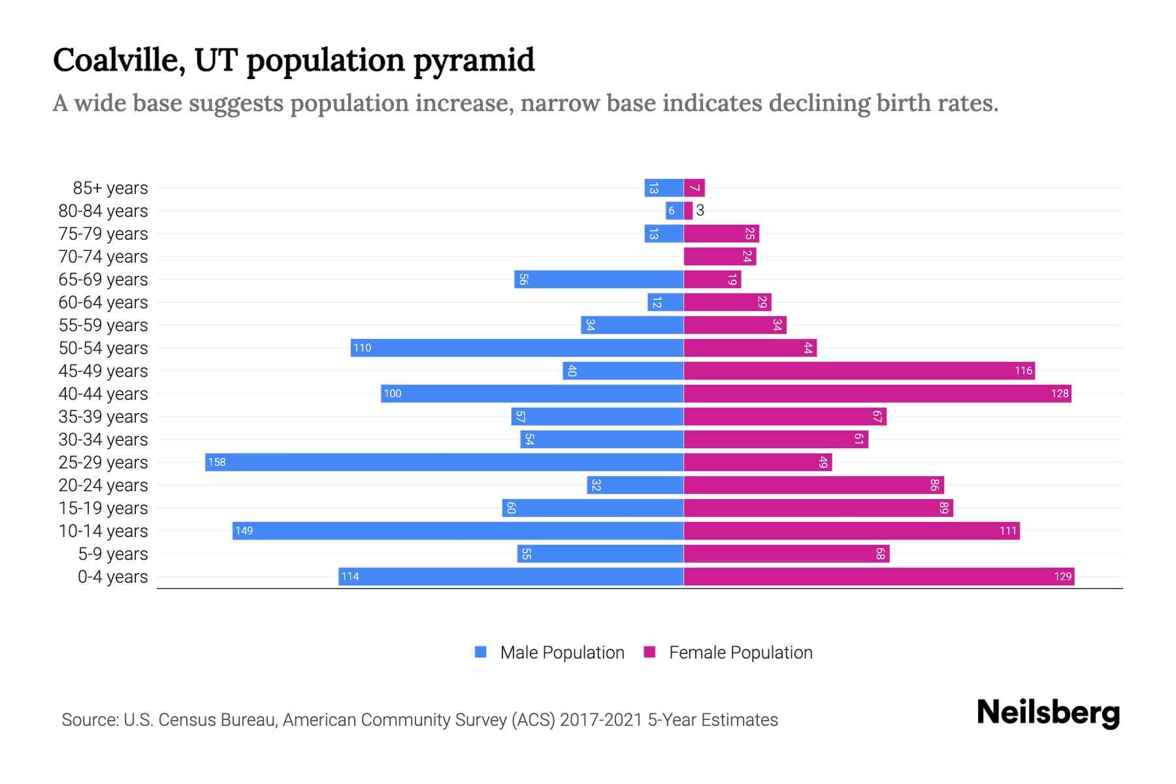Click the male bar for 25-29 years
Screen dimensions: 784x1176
tap(444, 462)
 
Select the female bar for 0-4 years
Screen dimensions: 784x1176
tap(879, 576)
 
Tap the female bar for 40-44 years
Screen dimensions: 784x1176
tap(877, 393)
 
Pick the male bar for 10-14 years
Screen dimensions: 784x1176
tap(457, 531)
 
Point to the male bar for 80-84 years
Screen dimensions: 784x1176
tap(674, 210)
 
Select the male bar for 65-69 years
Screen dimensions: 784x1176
tap(598, 279)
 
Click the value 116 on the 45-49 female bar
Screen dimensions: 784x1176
tap(1023, 370)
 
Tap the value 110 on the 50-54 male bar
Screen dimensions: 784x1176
tap(362, 348)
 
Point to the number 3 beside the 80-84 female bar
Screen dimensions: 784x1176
tap(700, 210)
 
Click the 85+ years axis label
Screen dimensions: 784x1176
tap(110, 188)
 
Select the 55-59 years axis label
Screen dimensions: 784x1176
tap(103, 325)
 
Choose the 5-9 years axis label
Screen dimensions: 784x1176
tap(112, 554)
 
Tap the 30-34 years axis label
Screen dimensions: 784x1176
tap(103, 440)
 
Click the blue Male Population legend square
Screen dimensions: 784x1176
tap(481, 652)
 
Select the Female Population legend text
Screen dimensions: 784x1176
tap(740, 652)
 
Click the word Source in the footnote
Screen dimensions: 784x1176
tap(89, 720)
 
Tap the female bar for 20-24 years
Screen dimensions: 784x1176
tap(813, 485)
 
